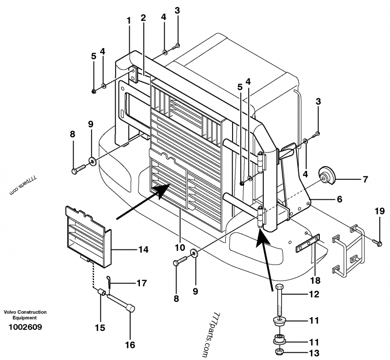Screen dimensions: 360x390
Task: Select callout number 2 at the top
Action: coord(143,18)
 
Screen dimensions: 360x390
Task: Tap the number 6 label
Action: coord(339,199)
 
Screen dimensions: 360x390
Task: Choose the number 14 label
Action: coord(143,250)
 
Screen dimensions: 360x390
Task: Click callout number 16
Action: coord(130,345)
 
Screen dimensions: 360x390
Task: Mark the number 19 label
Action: coord(380,211)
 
